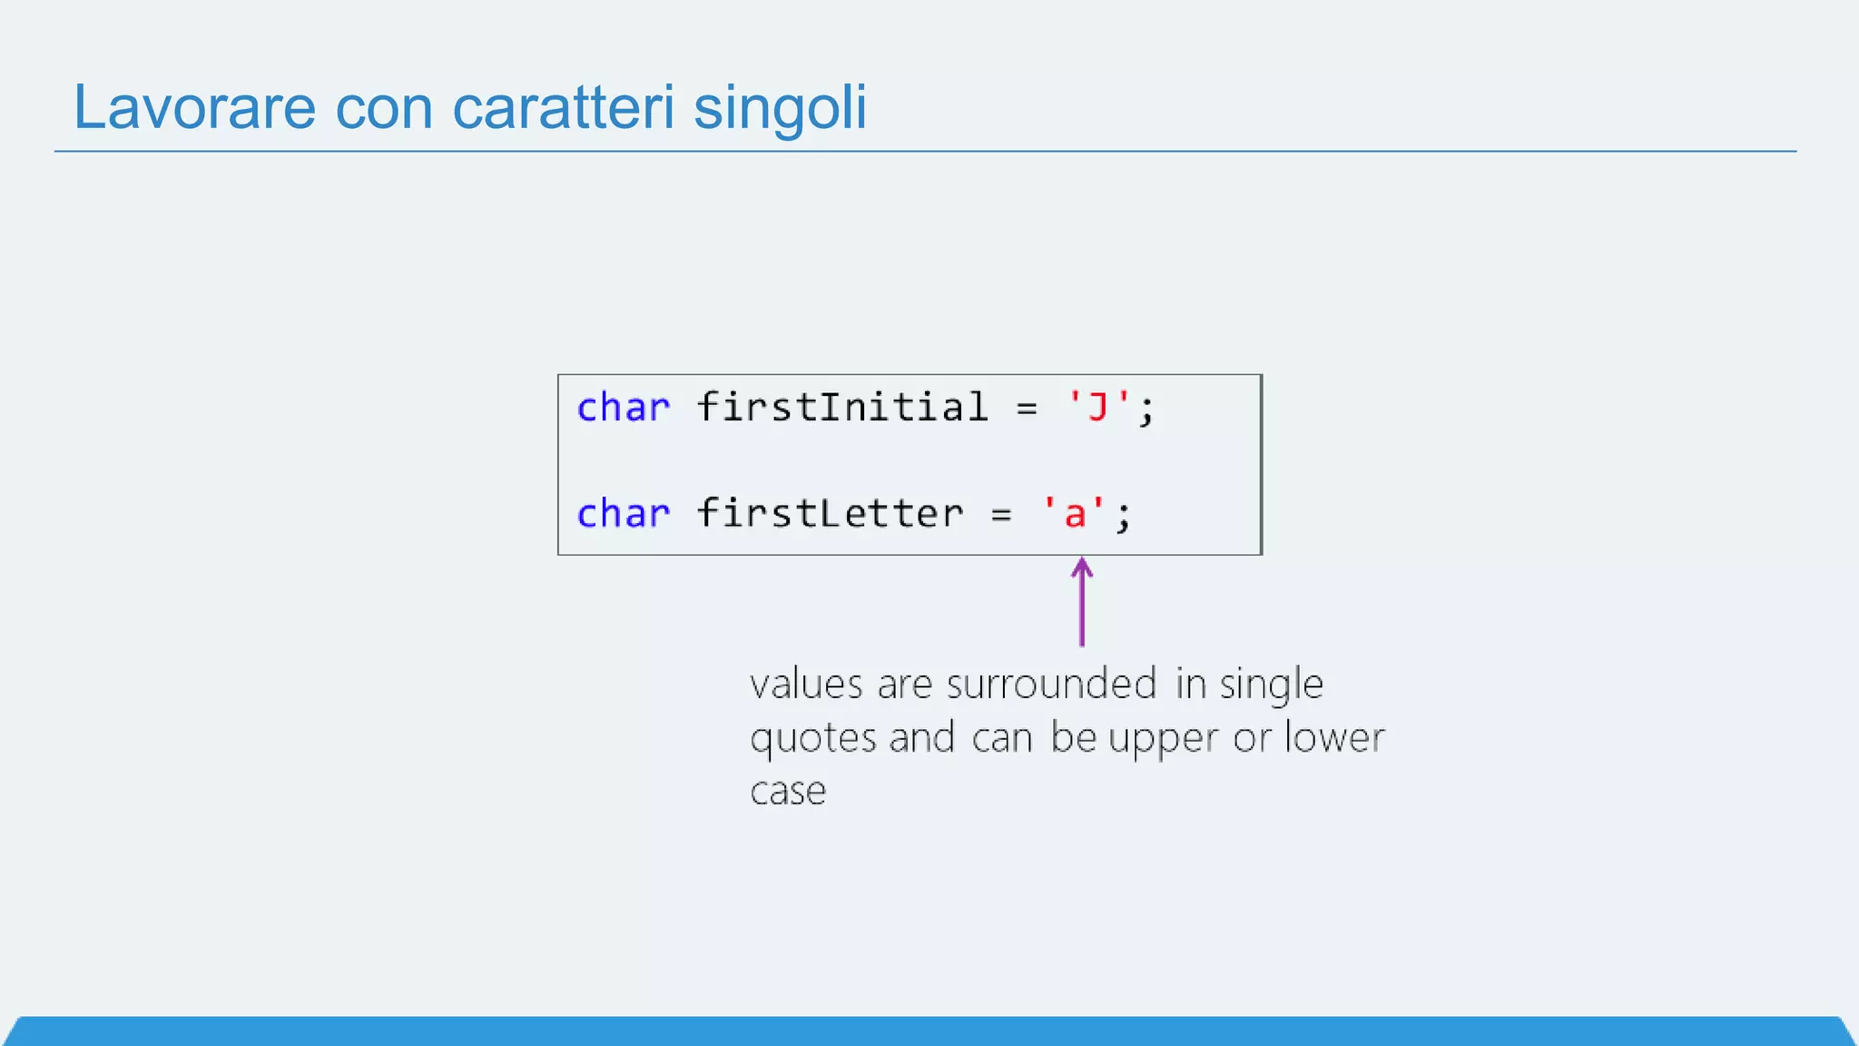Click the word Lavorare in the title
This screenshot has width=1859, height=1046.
pos(194,107)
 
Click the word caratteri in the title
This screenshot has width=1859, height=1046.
pos(563,107)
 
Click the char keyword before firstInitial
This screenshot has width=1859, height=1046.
pos(624,408)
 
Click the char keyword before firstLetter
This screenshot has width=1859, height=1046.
pos(624,514)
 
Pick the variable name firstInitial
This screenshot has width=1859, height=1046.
pos(842,407)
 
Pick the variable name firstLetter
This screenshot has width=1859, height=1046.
pos(830,513)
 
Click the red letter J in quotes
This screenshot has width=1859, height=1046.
pos(1098,408)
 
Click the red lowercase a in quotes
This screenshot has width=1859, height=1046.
pos(1075,515)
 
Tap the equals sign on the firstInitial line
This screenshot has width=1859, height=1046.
pos(1027,410)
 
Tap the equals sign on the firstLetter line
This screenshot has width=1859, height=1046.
pos(1001,516)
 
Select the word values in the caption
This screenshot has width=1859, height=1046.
pos(806,685)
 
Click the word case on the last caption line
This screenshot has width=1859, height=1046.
pos(788,792)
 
